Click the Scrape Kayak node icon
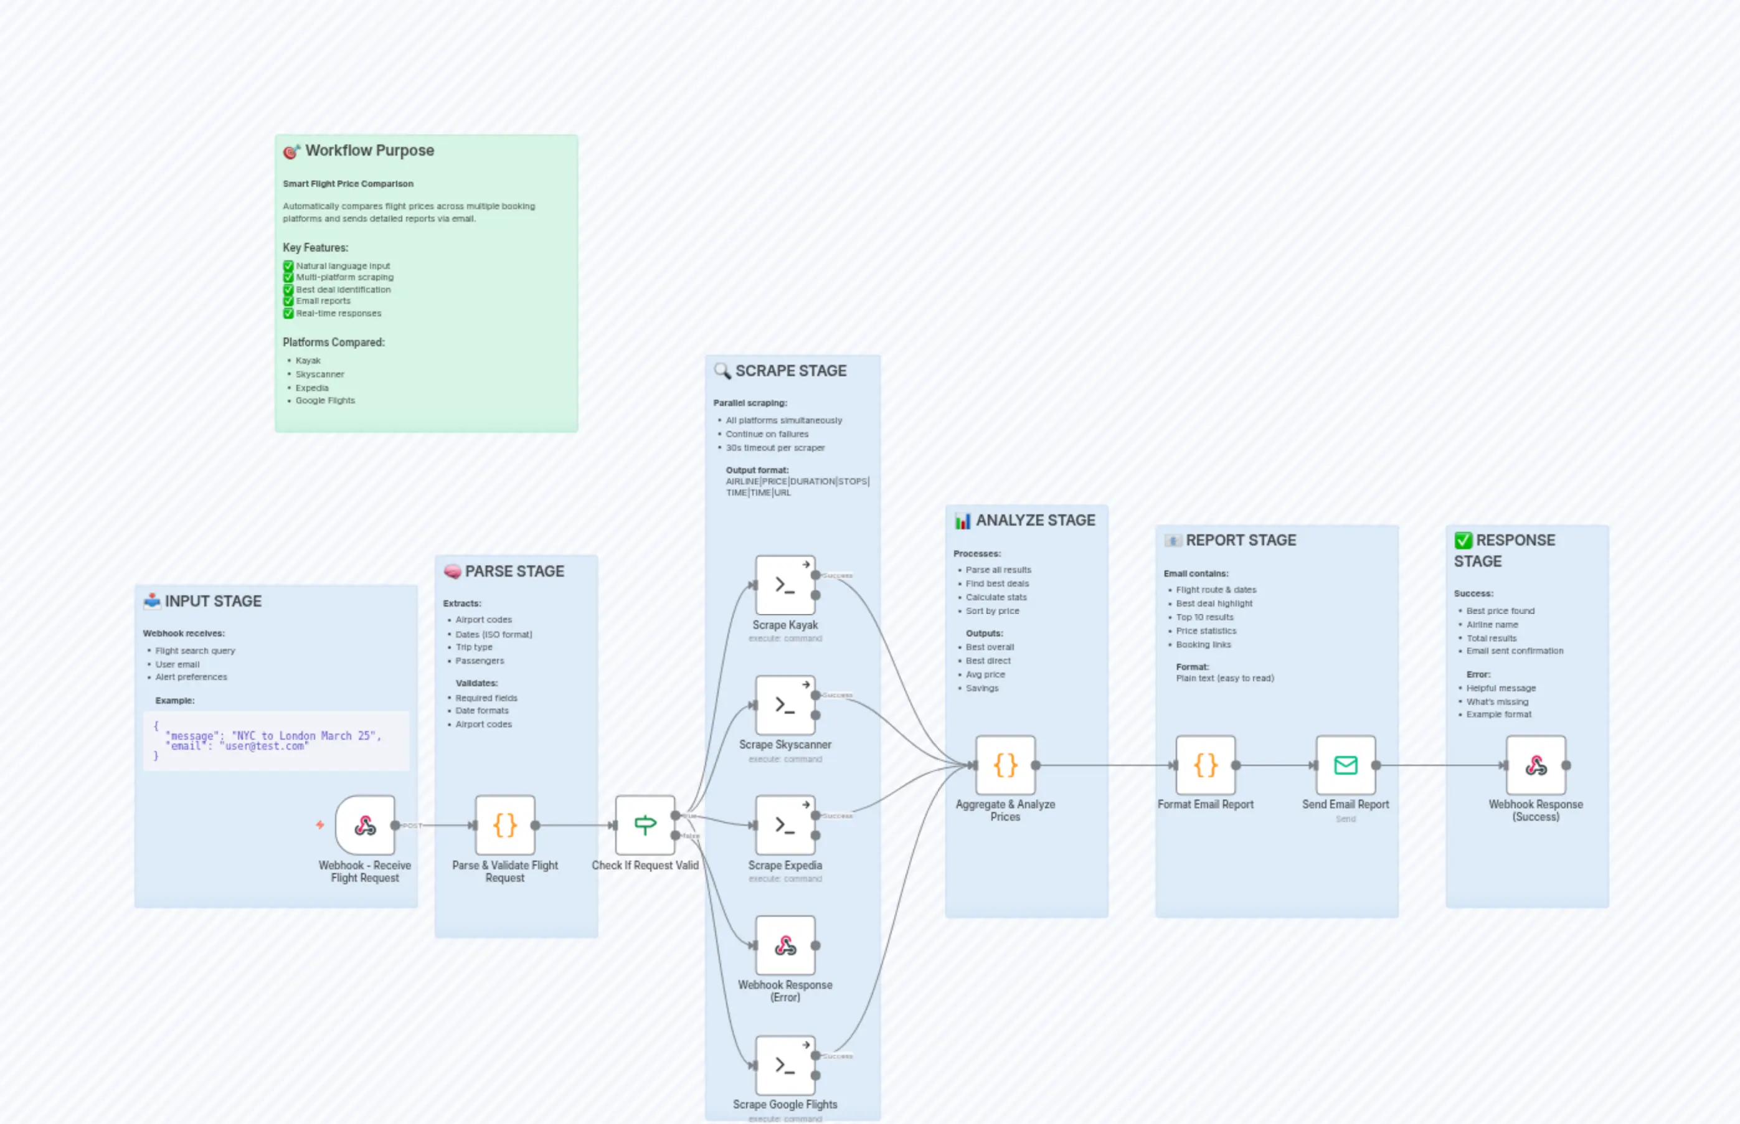785,585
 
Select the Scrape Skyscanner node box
785,705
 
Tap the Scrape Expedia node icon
785,824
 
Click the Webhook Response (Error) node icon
785,945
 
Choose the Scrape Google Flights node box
785,1065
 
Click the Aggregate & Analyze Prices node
1005,765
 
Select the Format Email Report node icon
1205,765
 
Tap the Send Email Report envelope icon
1345,765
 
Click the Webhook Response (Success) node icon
1536,765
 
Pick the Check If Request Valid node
645,824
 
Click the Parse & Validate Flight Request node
504,824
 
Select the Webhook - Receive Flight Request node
365,824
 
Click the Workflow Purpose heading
369,150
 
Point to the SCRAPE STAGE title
790,371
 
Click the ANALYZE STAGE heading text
1035,521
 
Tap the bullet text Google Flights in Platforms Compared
325,400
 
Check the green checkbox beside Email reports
288,301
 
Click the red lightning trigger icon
319,824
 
